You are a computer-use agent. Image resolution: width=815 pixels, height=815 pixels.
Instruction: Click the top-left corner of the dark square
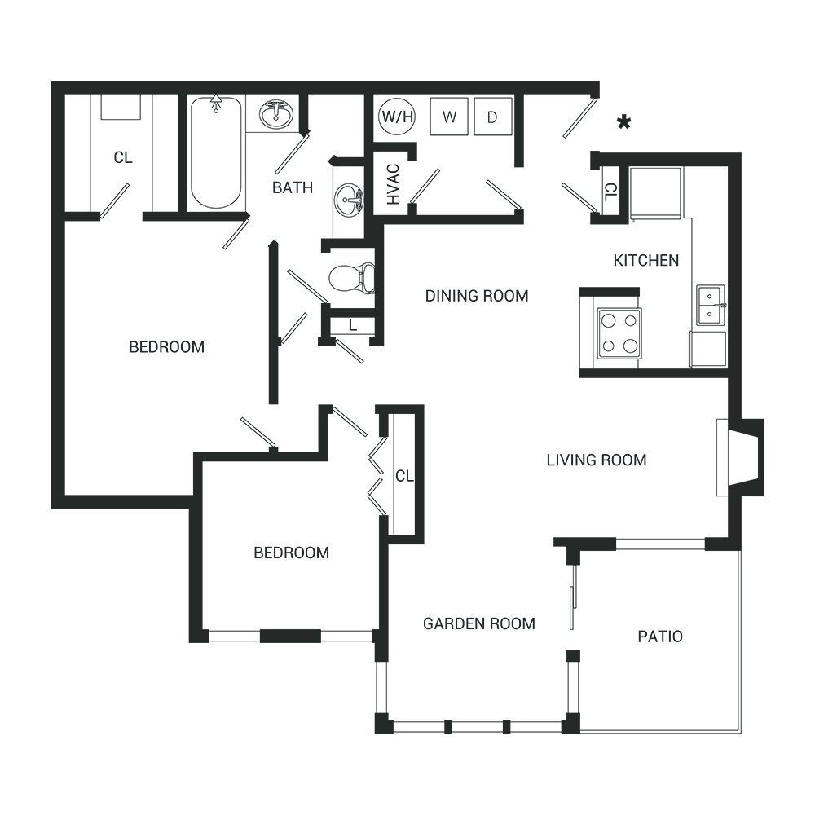coord(51,81)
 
